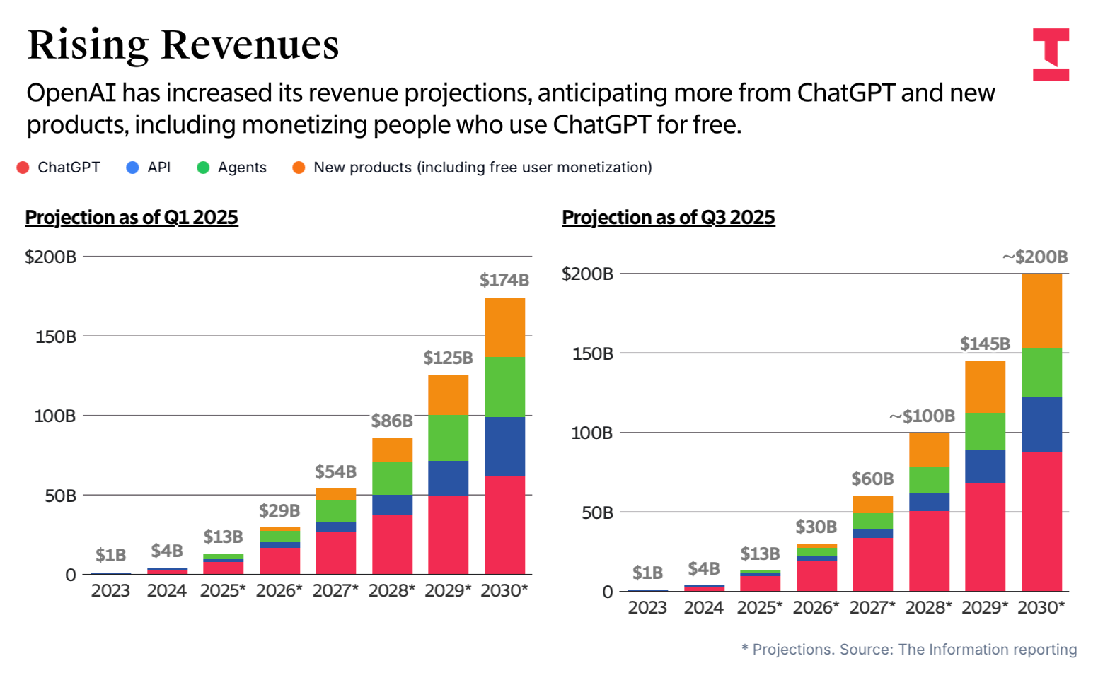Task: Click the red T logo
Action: (x=1051, y=54)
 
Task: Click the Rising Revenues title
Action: (x=183, y=45)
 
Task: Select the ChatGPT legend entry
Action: (x=68, y=168)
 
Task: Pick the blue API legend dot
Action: (x=132, y=168)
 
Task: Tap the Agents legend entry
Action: (x=241, y=168)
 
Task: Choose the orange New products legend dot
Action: (x=299, y=168)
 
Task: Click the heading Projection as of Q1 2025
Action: (x=132, y=217)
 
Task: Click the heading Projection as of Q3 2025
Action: (x=669, y=217)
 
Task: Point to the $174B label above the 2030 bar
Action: (x=504, y=280)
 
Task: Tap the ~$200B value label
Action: (x=1035, y=257)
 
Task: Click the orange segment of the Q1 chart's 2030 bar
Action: (x=504, y=327)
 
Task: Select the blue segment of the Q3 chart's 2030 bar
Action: (x=1041, y=424)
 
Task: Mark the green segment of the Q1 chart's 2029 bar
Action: (x=448, y=438)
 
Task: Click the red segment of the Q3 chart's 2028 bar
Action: (x=929, y=551)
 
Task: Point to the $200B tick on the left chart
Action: (x=50, y=257)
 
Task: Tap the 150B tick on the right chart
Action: (x=593, y=353)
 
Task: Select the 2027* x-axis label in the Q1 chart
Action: (x=335, y=590)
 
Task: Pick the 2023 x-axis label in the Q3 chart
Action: (x=647, y=607)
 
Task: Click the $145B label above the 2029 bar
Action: (x=985, y=344)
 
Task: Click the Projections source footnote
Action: (x=909, y=649)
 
